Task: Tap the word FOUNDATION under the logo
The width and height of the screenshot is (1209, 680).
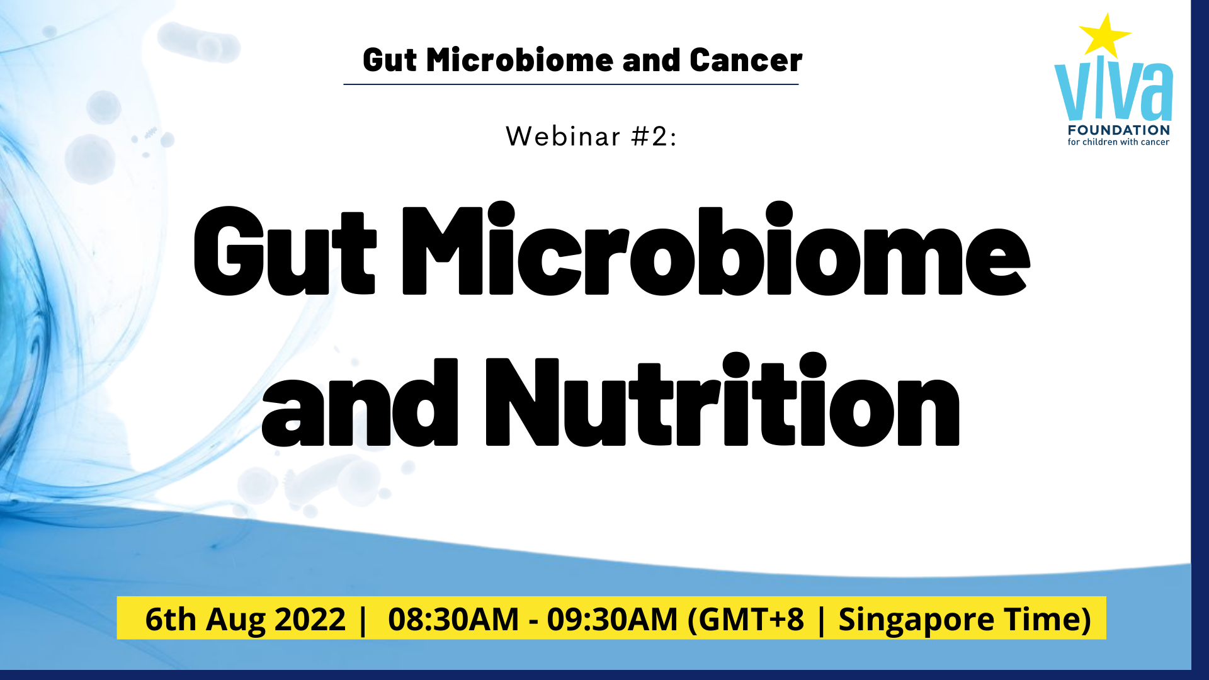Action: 1119,130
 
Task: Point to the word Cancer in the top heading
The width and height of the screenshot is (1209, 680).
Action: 746,60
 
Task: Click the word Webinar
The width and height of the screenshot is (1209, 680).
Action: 564,137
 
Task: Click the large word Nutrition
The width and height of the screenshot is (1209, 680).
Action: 723,400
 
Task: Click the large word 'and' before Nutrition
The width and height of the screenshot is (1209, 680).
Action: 360,403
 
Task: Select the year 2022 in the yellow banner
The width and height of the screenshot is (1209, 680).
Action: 310,620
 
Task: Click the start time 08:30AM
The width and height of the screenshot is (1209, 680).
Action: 453,620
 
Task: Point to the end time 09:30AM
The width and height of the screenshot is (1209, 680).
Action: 612,620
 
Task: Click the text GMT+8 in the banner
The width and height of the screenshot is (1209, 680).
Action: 751,620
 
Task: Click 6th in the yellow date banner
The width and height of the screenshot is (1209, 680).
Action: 171,620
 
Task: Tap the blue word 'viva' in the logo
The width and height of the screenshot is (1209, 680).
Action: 1113,91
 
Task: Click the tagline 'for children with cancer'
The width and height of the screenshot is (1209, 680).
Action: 1118,142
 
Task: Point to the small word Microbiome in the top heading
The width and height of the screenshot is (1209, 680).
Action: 519,60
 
